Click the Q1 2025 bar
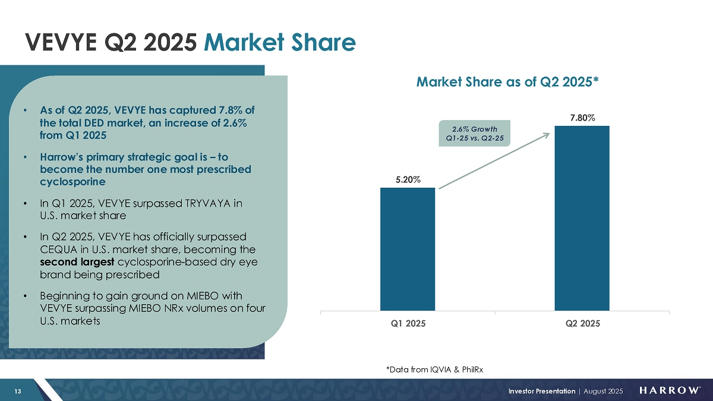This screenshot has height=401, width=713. (x=408, y=249)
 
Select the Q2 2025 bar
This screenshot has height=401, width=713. (x=582, y=218)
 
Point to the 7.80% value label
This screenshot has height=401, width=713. (x=582, y=118)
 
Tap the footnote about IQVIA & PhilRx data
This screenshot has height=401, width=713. (x=434, y=370)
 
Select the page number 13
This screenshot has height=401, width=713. (x=18, y=390)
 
